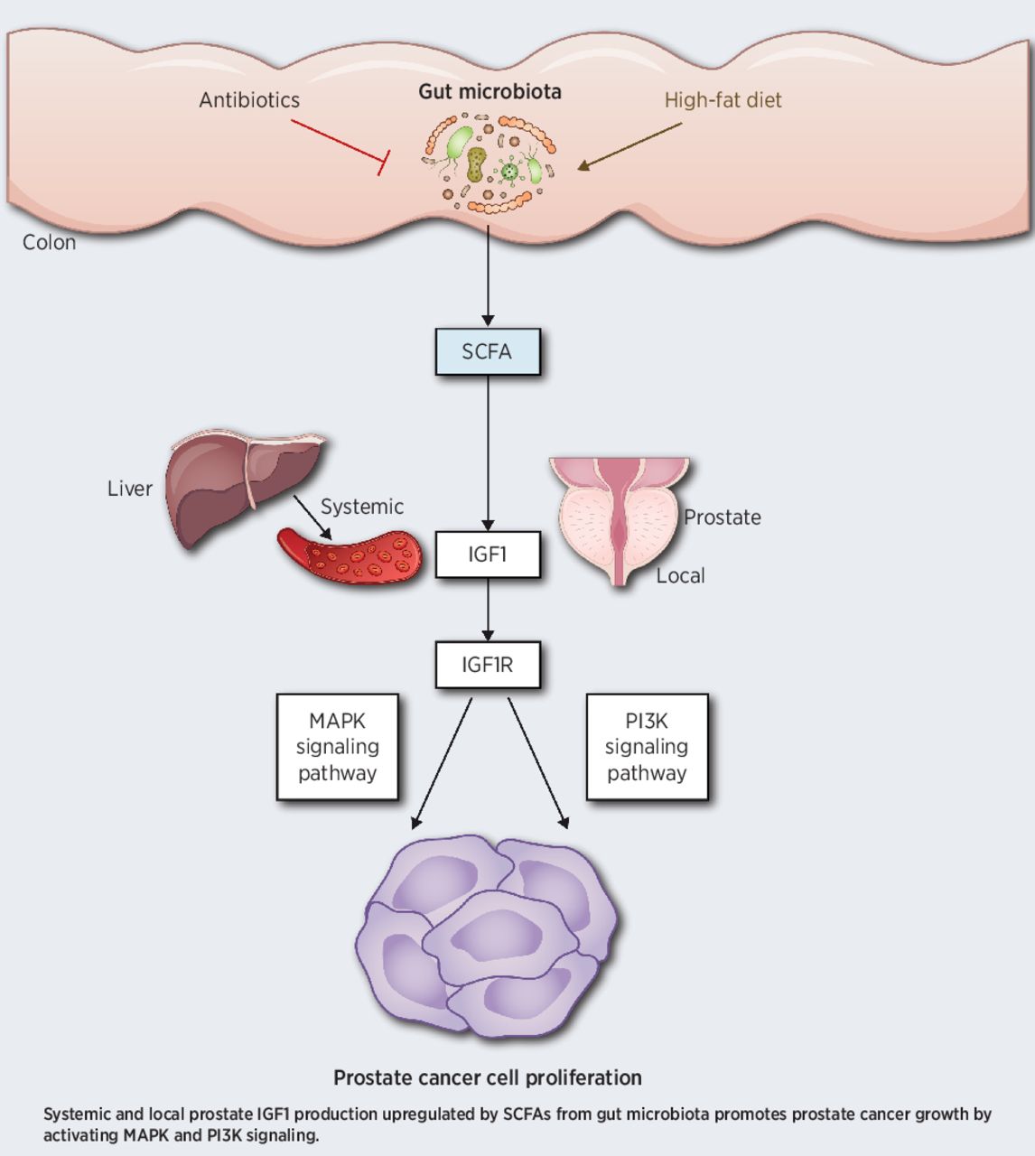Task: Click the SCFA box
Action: coord(488,351)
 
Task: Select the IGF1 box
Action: coord(488,554)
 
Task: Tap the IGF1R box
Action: coord(488,666)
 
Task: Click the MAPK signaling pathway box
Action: coord(337,747)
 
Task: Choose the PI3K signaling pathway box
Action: coord(647,747)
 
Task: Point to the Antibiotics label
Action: coord(249,100)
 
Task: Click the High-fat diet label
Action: coord(723,100)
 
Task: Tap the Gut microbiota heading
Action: coord(490,91)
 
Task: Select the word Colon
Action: coord(49,242)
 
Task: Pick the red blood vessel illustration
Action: coord(352,555)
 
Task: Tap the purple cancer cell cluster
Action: coord(488,939)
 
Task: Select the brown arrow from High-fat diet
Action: coord(632,145)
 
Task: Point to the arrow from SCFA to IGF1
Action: coord(488,452)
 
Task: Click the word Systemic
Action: coord(361,507)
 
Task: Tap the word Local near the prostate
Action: coord(680,575)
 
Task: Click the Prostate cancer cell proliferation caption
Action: coord(488,1077)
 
